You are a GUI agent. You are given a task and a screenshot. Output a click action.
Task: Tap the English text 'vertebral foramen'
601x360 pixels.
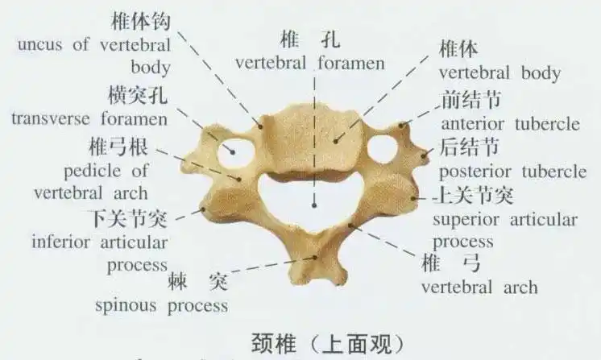pos(309,62)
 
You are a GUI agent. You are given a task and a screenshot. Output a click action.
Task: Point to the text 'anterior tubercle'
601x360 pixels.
pos(510,124)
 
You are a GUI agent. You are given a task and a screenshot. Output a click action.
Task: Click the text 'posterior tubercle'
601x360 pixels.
pos(512,172)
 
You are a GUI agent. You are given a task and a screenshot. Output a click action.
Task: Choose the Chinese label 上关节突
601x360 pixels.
pos(474,195)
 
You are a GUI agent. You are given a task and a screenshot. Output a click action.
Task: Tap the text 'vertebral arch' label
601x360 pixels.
pos(479,287)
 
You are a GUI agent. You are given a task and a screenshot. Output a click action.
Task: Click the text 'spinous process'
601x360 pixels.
pos(162,305)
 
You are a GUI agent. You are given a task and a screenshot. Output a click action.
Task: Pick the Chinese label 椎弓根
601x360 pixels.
pos(118,147)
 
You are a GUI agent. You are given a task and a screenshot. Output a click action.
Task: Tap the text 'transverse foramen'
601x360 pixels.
pos(89,119)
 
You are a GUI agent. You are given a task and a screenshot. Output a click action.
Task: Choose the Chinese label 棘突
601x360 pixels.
pos(197,282)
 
